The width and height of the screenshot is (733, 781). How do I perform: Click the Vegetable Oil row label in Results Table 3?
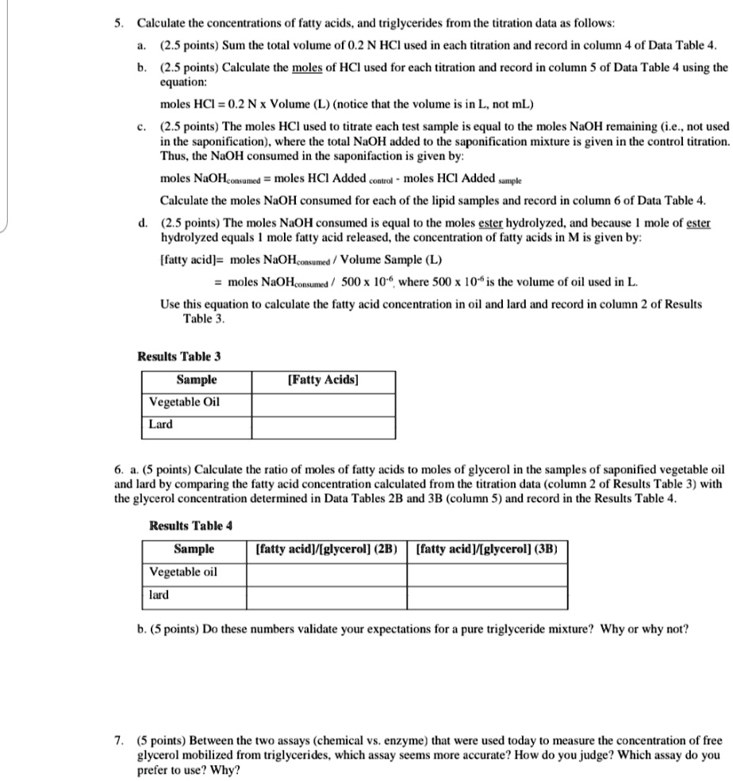(185, 402)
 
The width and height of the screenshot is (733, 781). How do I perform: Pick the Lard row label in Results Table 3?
(161, 424)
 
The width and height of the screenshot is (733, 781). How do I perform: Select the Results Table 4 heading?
(190, 526)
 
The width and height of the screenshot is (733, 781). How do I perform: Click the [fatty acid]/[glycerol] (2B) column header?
(328, 549)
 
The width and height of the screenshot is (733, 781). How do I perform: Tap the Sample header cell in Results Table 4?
(194, 549)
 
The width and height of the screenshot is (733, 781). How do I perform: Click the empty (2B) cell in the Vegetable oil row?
(328, 572)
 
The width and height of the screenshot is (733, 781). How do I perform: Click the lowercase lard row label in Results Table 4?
(159, 595)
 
